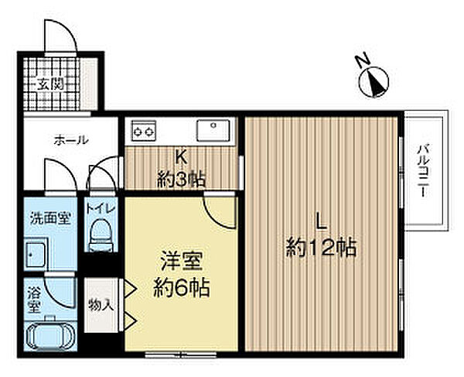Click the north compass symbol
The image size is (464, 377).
[x=375, y=81]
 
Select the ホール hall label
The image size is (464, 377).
[x=70, y=140]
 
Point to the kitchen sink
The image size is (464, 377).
[x=212, y=131]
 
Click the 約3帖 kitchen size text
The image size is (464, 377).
[x=183, y=179]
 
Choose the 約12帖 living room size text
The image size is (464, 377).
[x=322, y=249]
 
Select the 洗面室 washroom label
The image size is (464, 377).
[x=49, y=218]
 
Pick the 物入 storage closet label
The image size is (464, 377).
[x=101, y=305]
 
